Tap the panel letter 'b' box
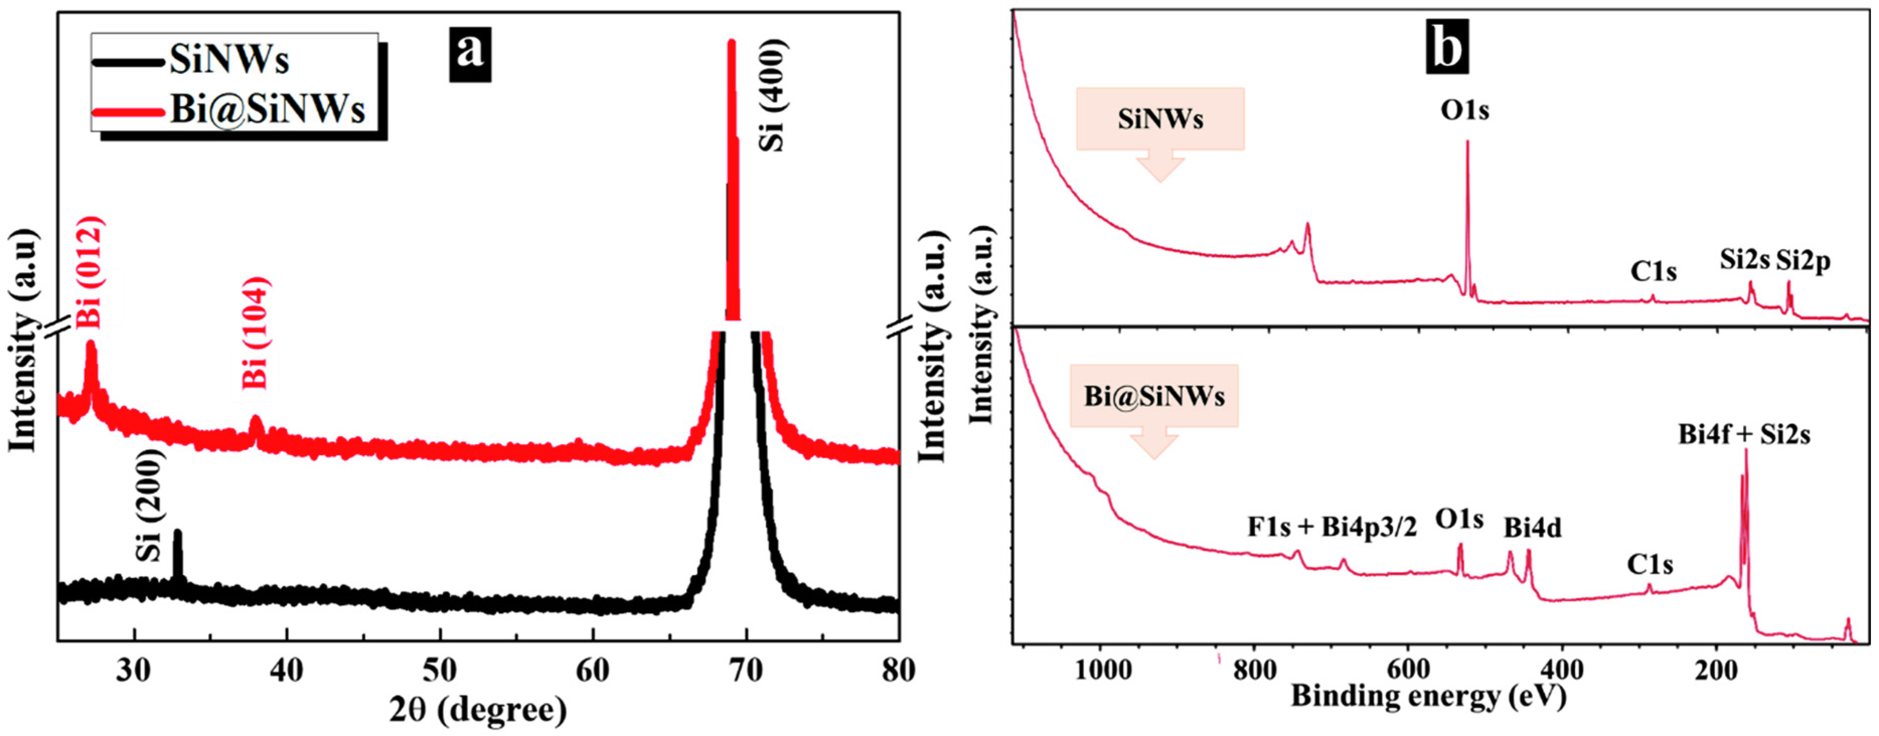point(1447,47)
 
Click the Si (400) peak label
point(772,95)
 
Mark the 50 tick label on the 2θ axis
point(440,670)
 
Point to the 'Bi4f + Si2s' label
point(1743,434)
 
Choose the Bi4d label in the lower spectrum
point(1532,527)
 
